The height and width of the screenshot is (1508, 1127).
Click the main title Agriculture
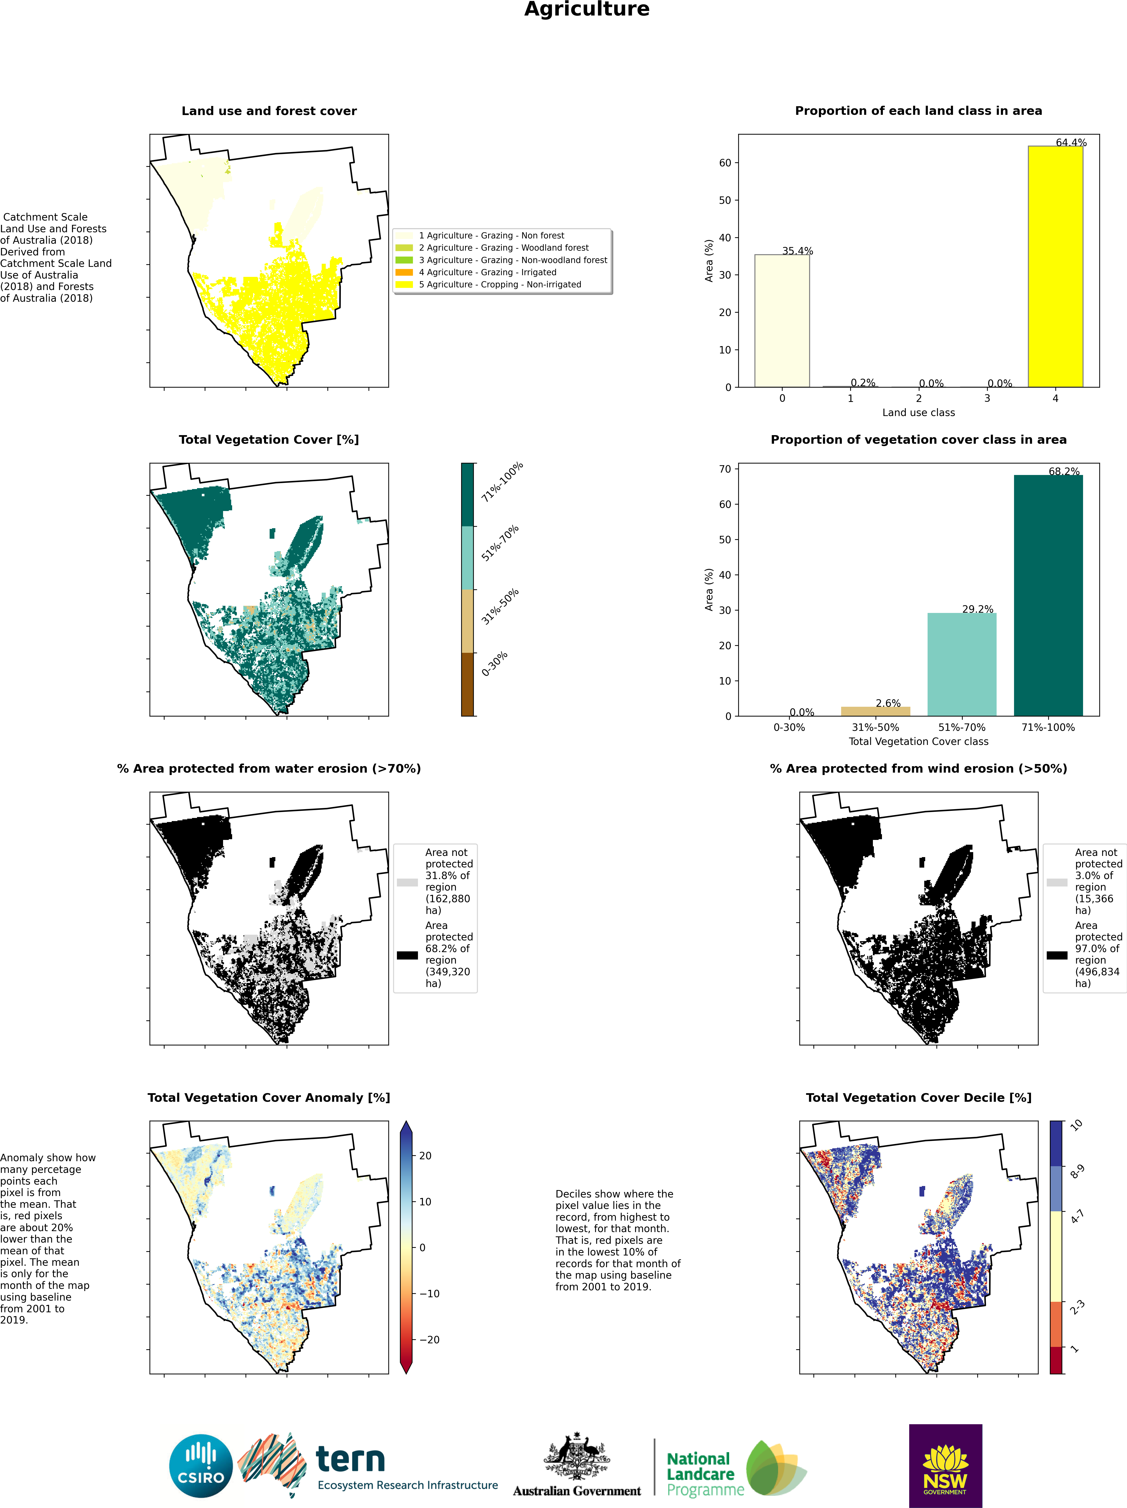pyautogui.click(x=587, y=10)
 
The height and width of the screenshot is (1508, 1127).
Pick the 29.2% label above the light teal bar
pyautogui.click(x=977, y=609)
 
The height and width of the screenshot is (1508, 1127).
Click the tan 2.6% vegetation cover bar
pyautogui.click(x=875, y=711)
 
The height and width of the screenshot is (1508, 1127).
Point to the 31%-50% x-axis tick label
pyautogui.click(x=875, y=728)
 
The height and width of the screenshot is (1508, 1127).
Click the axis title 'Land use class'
pyautogui.click(x=918, y=412)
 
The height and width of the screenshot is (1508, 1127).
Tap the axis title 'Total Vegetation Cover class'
pyautogui.click(x=918, y=741)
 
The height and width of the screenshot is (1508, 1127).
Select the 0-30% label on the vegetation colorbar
pyautogui.click(x=495, y=664)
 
